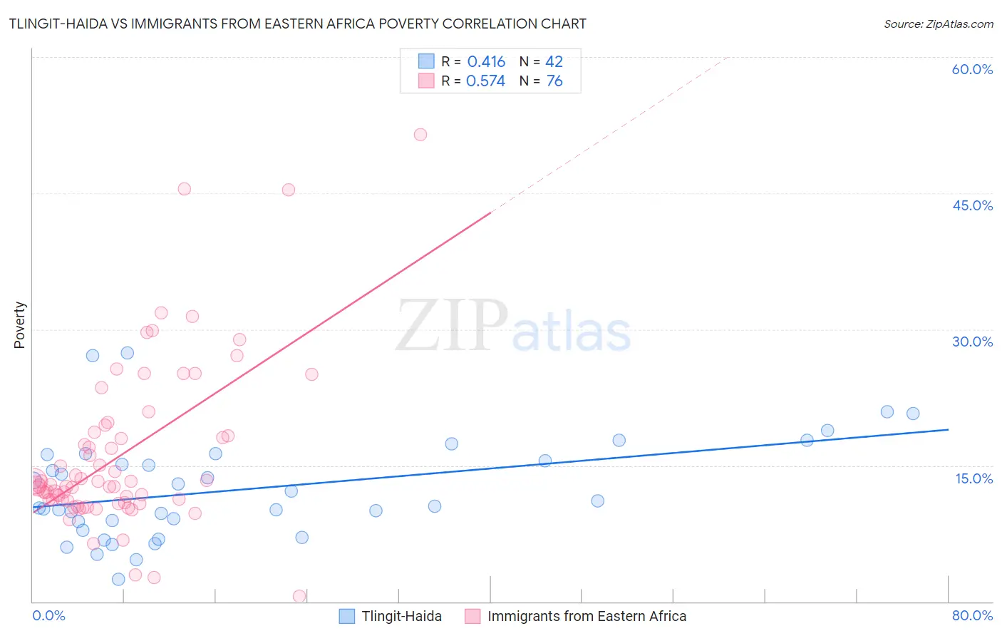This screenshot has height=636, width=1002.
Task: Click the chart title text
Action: (x=297, y=24)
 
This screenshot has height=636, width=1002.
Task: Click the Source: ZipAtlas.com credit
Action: (x=938, y=24)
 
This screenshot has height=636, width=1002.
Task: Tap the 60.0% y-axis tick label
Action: (x=972, y=69)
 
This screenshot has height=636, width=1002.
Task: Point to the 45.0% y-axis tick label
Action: (x=972, y=205)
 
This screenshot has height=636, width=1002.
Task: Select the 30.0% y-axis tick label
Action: (x=972, y=342)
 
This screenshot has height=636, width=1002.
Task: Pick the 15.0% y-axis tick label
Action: (x=973, y=478)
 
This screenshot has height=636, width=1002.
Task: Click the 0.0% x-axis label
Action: (x=48, y=615)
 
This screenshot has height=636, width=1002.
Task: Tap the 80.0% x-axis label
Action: (x=972, y=615)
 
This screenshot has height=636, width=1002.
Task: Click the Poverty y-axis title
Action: (x=19, y=325)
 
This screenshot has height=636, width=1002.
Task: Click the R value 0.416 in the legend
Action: (x=486, y=62)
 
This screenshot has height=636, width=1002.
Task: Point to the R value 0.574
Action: (x=485, y=81)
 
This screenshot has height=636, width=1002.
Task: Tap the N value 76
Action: (x=554, y=81)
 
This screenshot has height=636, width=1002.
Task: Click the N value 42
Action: (x=554, y=62)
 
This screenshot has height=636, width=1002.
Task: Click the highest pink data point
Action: (x=420, y=135)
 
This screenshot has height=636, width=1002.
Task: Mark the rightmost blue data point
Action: (x=913, y=414)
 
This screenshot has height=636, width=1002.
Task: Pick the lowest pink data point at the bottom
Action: (x=299, y=596)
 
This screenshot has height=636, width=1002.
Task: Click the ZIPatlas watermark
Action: (x=513, y=327)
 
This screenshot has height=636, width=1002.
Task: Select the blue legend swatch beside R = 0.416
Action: (x=426, y=61)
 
